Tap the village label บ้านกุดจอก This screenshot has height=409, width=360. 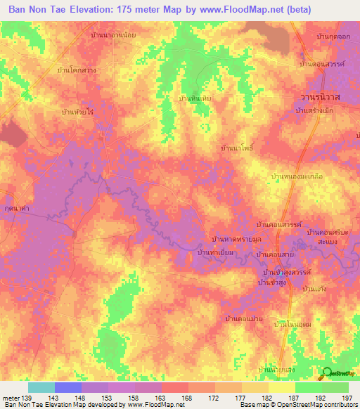click(333, 36)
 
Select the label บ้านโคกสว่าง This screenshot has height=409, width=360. click(77, 71)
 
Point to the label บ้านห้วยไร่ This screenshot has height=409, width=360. click(78, 112)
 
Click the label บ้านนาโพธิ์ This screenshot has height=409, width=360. click(236, 150)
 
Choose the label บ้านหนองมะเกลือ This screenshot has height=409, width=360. click(296, 177)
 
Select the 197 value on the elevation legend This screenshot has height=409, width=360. click(347, 397)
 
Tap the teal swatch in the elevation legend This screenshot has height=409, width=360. click(41, 387)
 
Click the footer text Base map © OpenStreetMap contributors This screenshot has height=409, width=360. click(300, 405)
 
